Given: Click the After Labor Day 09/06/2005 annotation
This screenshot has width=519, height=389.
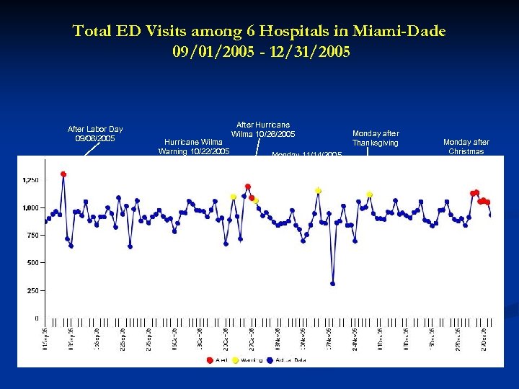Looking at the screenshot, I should (x=95, y=133).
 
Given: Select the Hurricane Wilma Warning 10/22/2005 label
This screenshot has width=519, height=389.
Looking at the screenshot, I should (x=193, y=146).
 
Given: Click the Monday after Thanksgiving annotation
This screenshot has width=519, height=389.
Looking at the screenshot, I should (x=375, y=138).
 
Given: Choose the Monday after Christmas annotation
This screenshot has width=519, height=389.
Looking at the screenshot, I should (x=466, y=146).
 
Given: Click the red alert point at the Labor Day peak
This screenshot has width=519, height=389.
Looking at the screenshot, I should (x=63, y=174).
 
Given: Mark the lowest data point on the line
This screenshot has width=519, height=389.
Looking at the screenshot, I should (x=332, y=283).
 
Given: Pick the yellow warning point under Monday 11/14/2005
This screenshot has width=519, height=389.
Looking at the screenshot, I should (x=318, y=191).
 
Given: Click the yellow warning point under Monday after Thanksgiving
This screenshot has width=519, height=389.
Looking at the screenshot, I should (x=370, y=194).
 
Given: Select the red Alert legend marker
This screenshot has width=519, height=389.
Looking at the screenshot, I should (x=209, y=359).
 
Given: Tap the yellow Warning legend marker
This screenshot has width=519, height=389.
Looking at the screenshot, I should (x=235, y=359).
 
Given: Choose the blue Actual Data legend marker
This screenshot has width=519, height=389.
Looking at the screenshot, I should (x=269, y=359).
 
